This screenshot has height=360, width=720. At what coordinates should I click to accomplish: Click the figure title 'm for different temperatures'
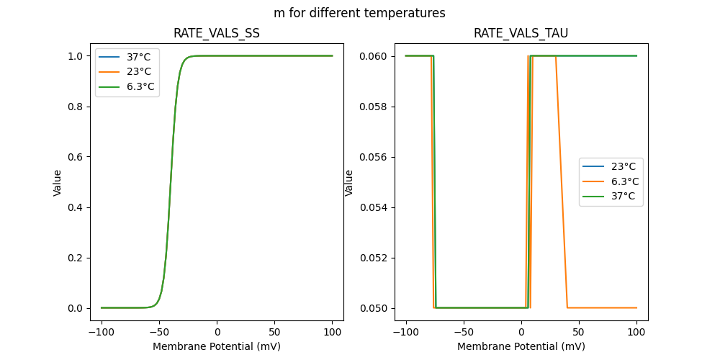pos(359,13)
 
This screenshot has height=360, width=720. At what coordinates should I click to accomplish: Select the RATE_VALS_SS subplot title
pos(217,33)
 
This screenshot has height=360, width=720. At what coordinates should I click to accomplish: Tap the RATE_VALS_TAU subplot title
pos(521,33)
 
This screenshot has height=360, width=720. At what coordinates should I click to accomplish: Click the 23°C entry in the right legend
pos(624,166)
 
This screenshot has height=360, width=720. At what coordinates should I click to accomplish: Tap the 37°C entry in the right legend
pos(624,197)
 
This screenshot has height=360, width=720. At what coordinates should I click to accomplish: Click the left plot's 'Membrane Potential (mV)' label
pos(217,346)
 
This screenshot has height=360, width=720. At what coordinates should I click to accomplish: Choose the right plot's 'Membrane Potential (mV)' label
pos(521,346)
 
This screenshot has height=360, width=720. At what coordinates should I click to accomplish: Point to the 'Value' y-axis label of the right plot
pos(349,182)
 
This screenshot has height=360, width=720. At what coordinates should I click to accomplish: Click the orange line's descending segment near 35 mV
pos(562,182)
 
